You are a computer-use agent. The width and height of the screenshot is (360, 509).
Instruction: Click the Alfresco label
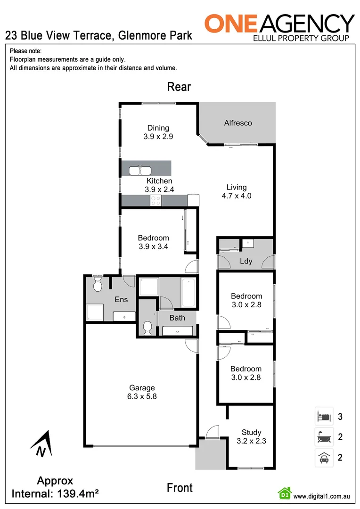(x=237, y=123)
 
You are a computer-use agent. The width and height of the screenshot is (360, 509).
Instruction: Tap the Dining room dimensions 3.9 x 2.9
(x=158, y=137)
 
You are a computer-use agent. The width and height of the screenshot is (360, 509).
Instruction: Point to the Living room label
(x=236, y=187)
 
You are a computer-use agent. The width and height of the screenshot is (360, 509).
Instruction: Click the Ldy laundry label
(x=245, y=261)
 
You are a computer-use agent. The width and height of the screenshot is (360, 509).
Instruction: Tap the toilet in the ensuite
(x=98, y=284)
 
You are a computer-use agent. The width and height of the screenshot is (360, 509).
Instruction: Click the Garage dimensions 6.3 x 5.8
(x=141, y=396)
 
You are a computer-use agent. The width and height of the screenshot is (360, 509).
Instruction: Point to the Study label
(x=251, y=432)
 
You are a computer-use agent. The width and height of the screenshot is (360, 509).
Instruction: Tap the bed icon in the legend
(x=324, y=417)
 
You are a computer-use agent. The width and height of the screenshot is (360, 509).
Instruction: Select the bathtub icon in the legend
(x=324, y=437)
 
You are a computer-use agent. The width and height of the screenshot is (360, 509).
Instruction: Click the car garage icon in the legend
(x=324, y=457)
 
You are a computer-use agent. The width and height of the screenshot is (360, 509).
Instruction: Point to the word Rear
(x=179, y=87)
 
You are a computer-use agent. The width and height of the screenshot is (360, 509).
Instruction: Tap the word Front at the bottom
(x=180, y=488)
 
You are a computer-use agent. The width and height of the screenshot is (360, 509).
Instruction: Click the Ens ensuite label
(x=121, y=299)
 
